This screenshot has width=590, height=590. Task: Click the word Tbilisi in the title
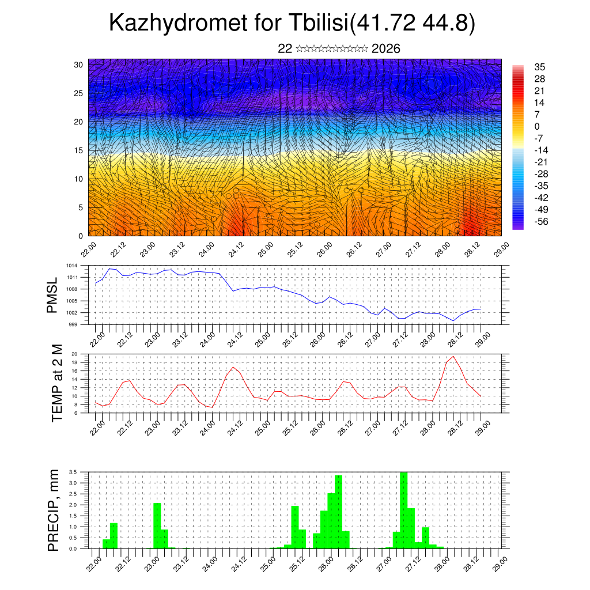(316, 24)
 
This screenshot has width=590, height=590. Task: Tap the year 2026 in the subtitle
(386, 49)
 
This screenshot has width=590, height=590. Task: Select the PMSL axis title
(52, 295)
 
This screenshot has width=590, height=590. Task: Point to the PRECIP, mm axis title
(54, 509)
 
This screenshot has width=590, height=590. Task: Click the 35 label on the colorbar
(539, 67)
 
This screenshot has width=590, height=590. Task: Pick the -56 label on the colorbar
(540, 221)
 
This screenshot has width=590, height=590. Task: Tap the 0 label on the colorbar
(537, 126)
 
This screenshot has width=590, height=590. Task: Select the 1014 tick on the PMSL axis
(71, 266)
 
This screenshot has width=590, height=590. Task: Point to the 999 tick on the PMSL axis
(73, 324)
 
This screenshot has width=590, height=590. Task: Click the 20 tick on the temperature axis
(74, 354)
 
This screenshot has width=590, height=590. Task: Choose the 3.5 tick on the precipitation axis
(73, 472)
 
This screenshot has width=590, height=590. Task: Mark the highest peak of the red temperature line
(453, 357)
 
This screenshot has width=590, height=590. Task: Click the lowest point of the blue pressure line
(453, 320)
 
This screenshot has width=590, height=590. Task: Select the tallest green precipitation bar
(403, 510)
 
